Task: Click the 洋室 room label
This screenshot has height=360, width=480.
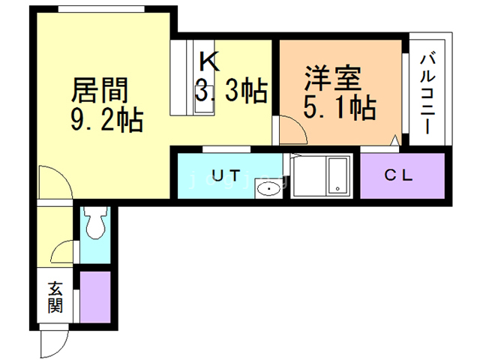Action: coord(334,79)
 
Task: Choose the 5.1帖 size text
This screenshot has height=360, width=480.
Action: coord(339,109)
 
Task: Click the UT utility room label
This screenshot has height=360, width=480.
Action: coord(225,176)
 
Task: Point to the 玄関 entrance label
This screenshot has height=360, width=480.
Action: coord(56,297)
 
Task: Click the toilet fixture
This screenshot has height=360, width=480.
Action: coord(95,223)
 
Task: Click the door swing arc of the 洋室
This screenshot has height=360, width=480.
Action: coord(292,130)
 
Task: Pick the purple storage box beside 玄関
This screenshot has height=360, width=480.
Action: coord(95,296)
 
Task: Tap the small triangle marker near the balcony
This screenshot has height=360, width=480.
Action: coord(395,139)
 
